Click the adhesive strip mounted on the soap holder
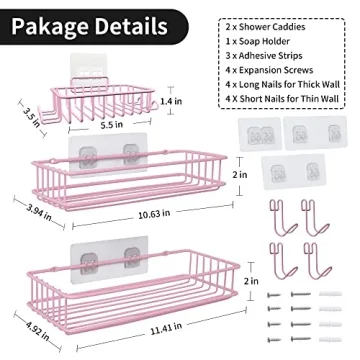(99, 70)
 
